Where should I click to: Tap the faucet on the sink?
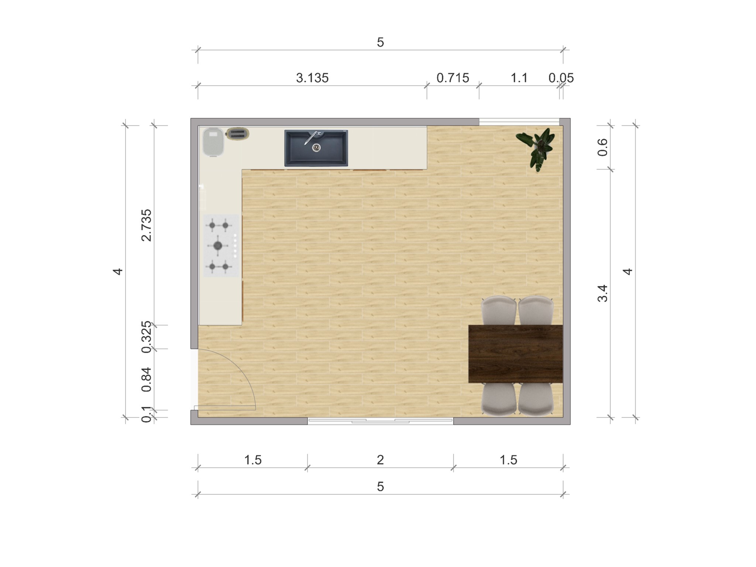coord(310,137)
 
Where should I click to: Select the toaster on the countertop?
coord(238,134)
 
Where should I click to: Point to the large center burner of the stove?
coord(218,245)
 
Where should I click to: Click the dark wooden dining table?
coord(515,354)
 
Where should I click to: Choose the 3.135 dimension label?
coord(312,78)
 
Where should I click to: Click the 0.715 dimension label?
coord(453,78)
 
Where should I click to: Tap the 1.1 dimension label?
coord(519,78)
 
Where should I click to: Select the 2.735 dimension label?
coord(147,225)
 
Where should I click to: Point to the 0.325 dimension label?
coord(147,337)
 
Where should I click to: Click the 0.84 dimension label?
coord(147,379)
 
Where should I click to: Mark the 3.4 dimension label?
coord(602,293)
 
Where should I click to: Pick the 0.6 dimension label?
coord(602,147)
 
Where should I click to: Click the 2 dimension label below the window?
coord(380,460)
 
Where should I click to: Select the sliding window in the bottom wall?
coord(380,421)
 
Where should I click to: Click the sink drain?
coord(316,148)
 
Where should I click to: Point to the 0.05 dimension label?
coord(561,78)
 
